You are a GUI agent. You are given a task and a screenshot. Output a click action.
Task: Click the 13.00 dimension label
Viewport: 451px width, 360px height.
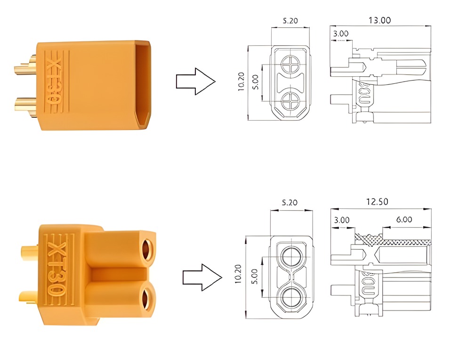pos(379,20)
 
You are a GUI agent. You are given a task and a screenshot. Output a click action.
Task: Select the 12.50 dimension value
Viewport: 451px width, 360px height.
pos(377,202)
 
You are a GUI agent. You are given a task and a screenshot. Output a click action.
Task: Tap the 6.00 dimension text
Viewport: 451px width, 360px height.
pos(403,220)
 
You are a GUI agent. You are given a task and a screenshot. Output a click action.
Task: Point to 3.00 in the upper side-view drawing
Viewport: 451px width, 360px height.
pos(340,34)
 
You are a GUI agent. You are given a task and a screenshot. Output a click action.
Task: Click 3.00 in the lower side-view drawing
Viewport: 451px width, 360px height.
pos(341,220)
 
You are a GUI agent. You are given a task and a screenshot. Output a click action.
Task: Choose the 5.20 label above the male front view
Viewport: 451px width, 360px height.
pos(290,21)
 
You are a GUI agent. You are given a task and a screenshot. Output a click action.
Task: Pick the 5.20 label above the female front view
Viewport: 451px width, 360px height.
pos(289,203)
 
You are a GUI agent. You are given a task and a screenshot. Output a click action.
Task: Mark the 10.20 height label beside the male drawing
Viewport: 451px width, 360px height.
pos(242,82)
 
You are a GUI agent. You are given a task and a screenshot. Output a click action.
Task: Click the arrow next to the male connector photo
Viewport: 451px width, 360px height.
pos(195,82)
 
